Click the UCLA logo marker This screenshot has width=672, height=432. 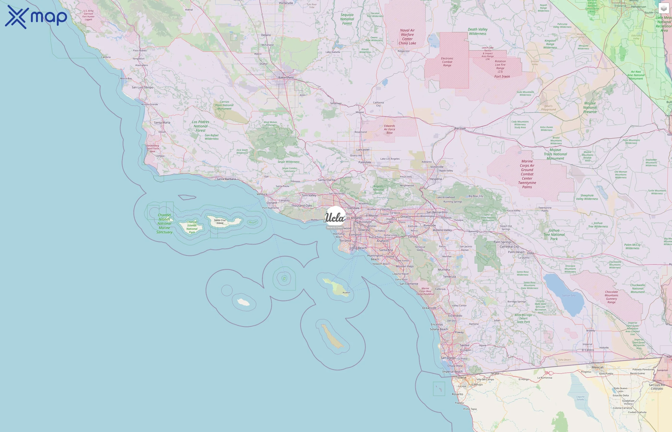click(x=335, y=217)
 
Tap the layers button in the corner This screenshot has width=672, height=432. click(x=663, y=9)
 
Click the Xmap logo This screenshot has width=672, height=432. click(x=36, y=17)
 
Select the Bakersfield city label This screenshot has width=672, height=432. click(x=286, y=78)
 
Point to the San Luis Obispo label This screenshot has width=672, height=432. click(x=143, y=87)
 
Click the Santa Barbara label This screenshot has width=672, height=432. click(x=226, y=179)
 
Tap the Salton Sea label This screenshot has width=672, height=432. click(x=569, y=295)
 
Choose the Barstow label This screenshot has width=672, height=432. click(x=460, y=128)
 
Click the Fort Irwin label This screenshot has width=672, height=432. click(x=502, y=77)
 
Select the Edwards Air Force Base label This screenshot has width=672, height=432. click(x=390, y=129)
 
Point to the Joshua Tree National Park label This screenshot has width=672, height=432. click(x=554, y=234)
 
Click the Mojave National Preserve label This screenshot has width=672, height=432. click(x=590, y=108)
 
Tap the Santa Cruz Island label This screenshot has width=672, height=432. click(x=220, y=222)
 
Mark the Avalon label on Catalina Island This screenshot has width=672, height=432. click(x=346, y=293)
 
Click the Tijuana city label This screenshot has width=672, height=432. click(x=461, y=377)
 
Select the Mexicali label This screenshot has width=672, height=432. click(x=597, y=367)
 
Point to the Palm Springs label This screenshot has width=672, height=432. click(x=502, y=242)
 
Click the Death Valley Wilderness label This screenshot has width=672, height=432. click(x=478, y=31)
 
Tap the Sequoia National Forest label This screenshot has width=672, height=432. click(x=347, y=19)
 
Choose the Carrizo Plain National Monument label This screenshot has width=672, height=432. click(x=224, y=105)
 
